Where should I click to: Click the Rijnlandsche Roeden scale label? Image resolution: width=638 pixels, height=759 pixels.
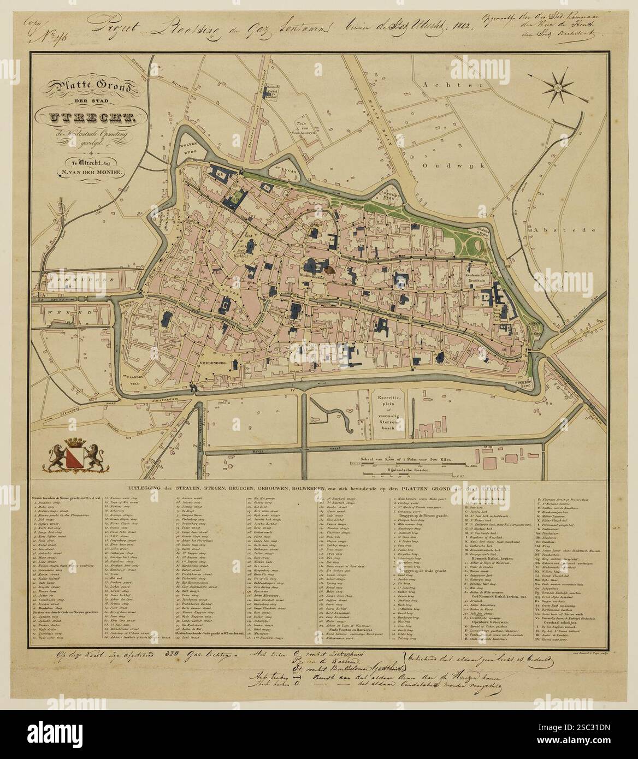click(x=407, y=469)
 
